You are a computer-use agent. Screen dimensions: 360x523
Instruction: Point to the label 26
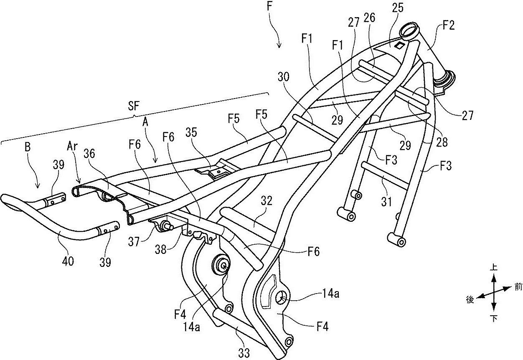(x=369, y=17)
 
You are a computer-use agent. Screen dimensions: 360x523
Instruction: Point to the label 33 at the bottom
(x=244, y=353)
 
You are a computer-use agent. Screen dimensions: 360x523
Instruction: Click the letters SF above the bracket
(x=133, y=106)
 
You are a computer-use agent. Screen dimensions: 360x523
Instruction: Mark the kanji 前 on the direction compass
(x=518, y=287)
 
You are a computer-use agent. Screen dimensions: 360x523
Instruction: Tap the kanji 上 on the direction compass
(x=494, y=266)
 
